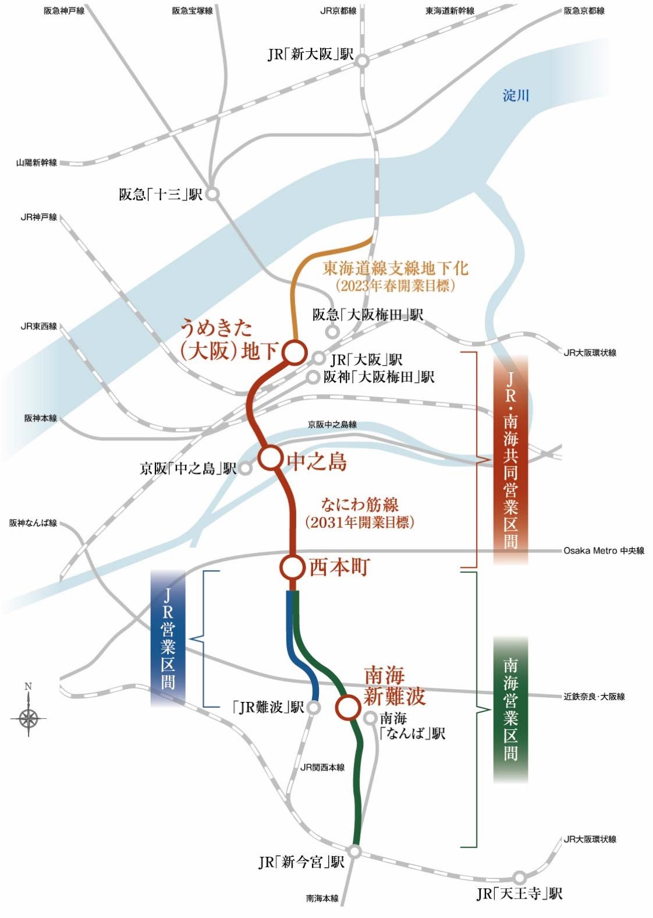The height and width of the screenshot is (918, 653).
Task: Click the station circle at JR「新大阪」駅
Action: (x=363, y=61)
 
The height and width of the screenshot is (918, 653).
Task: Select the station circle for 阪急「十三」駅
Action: (x=212, y=195)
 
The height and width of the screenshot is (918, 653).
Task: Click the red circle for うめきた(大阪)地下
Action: (x=294, y=351)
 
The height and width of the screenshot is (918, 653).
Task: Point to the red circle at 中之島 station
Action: (x=270, y=458)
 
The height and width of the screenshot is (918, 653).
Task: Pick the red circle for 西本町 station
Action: (x=292, y=567)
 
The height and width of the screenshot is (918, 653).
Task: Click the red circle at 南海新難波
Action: (x=348, y=707)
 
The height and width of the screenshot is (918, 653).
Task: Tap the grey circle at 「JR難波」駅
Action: (x=314, y=708)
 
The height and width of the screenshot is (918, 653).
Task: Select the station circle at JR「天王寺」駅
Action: (x=520, y=877)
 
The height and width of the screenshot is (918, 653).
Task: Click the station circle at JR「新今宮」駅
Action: (x=354, y=852)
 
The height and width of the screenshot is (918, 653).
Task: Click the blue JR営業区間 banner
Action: (x=168, y=638)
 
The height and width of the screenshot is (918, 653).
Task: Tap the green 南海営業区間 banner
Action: (x=510, y=709)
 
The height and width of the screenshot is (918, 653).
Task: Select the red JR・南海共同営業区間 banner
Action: (x=510, y=460)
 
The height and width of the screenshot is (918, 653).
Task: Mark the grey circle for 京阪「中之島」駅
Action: (x=246, y=468)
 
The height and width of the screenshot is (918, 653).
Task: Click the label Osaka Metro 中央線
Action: (x=604, y=550)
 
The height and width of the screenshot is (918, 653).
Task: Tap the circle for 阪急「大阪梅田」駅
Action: (x=332, y=332)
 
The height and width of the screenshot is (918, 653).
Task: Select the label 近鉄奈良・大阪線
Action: (x=594, y=696)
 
